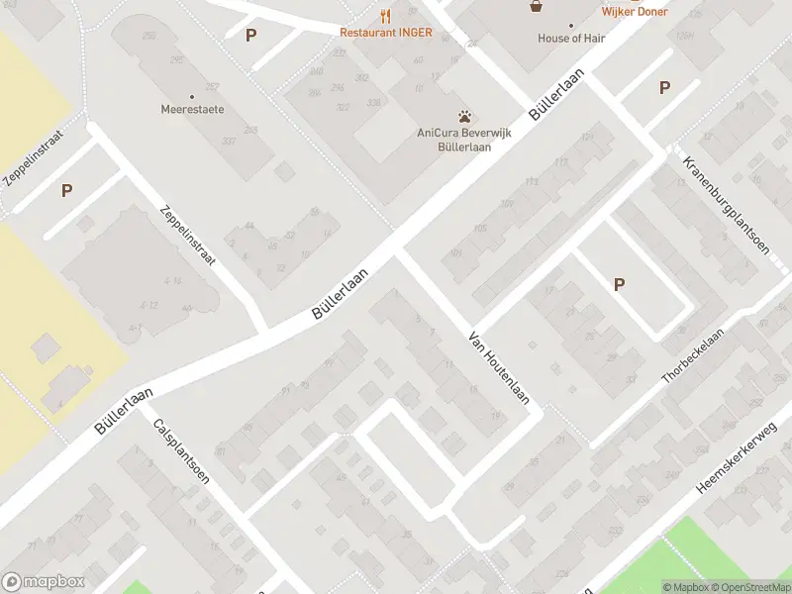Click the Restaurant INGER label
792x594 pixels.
coord(385,32)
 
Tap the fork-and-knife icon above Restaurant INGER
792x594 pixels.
coord(385,15)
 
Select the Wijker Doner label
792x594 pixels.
coord(635,12)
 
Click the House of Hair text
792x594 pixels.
coord(571,39)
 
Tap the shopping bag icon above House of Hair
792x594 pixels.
coord(537,6)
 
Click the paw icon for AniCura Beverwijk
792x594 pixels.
coord(463,117)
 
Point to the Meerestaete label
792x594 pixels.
coord(192,109)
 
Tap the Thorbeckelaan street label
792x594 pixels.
coord(693,356)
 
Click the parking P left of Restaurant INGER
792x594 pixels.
coord(251,35)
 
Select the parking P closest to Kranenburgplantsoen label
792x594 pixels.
coord(664,87)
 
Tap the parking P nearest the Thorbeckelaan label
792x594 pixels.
coord(620,285)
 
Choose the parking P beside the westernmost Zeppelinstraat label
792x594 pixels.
coord(66,190)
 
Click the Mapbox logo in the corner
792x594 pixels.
coord(44,582)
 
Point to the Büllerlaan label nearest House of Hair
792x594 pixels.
coord(558,94)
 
